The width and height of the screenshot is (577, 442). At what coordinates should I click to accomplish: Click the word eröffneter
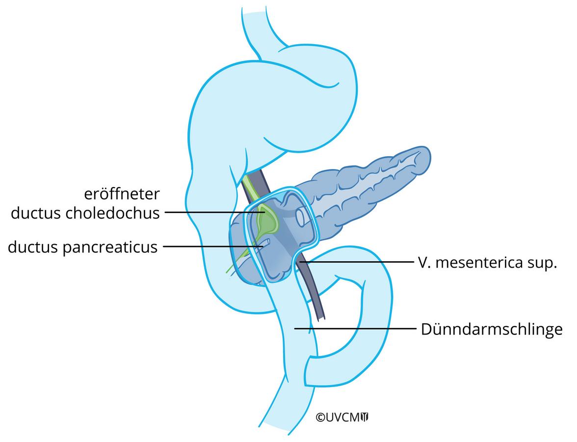122,194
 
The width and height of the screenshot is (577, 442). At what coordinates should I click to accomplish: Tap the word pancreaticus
110,247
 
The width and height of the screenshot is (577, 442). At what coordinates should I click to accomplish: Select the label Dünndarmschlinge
492,329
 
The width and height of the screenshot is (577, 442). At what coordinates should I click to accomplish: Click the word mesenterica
479,263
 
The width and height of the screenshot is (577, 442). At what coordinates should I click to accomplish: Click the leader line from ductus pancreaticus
213,247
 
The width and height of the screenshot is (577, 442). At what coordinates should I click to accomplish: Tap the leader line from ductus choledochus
214,212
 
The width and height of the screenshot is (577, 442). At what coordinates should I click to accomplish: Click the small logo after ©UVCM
365,417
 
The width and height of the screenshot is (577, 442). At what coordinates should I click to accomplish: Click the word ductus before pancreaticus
33,247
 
